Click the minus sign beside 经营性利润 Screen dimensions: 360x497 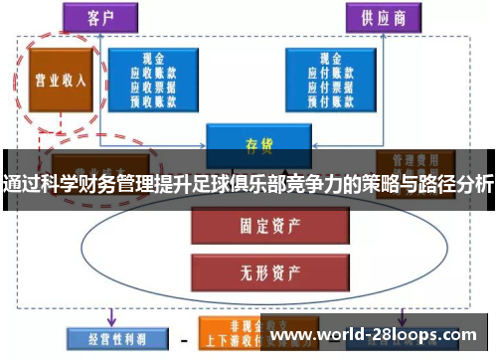(x=183, y=336)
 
